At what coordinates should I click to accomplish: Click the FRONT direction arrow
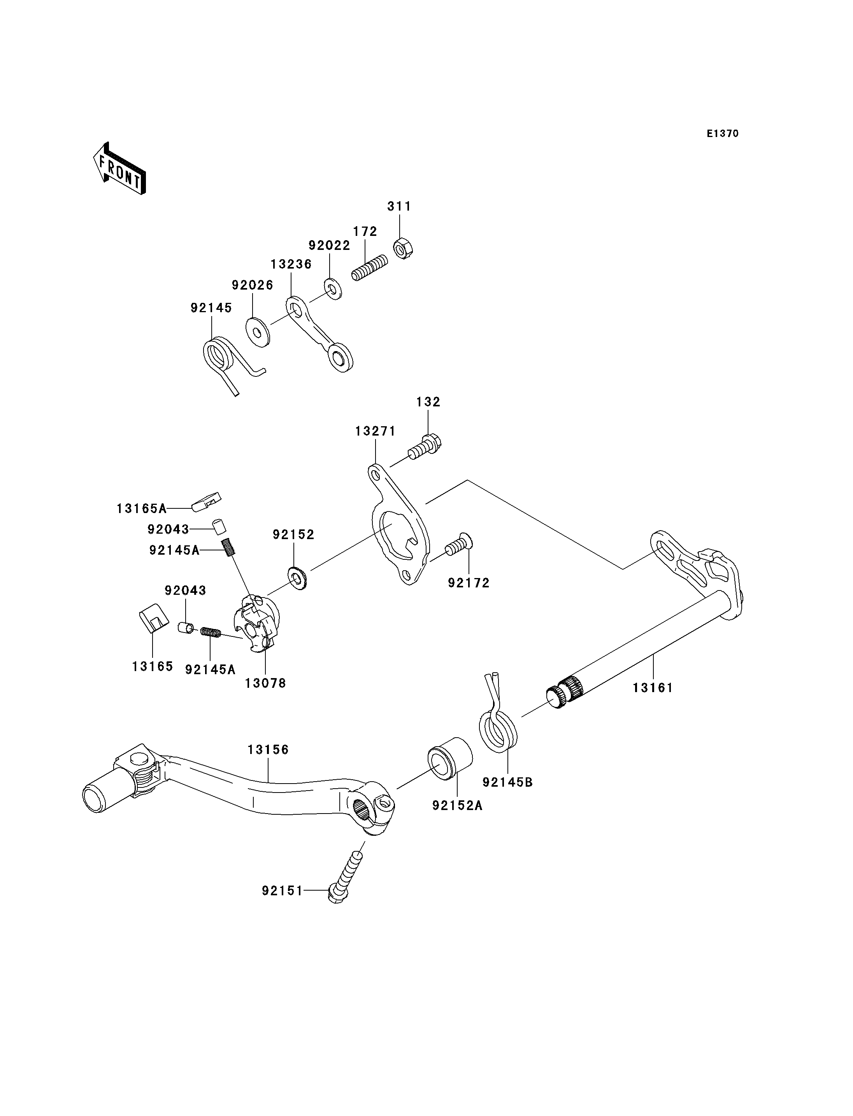(x=120, y=168)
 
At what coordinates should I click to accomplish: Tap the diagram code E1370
(x=723, y=134)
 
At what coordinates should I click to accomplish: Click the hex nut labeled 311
(x=403, y=248)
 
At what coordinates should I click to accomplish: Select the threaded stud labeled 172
(x=370, y=268)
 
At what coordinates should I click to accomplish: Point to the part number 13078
(x=265, y=683)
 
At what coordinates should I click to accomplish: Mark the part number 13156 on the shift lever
(x=268, y=749)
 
